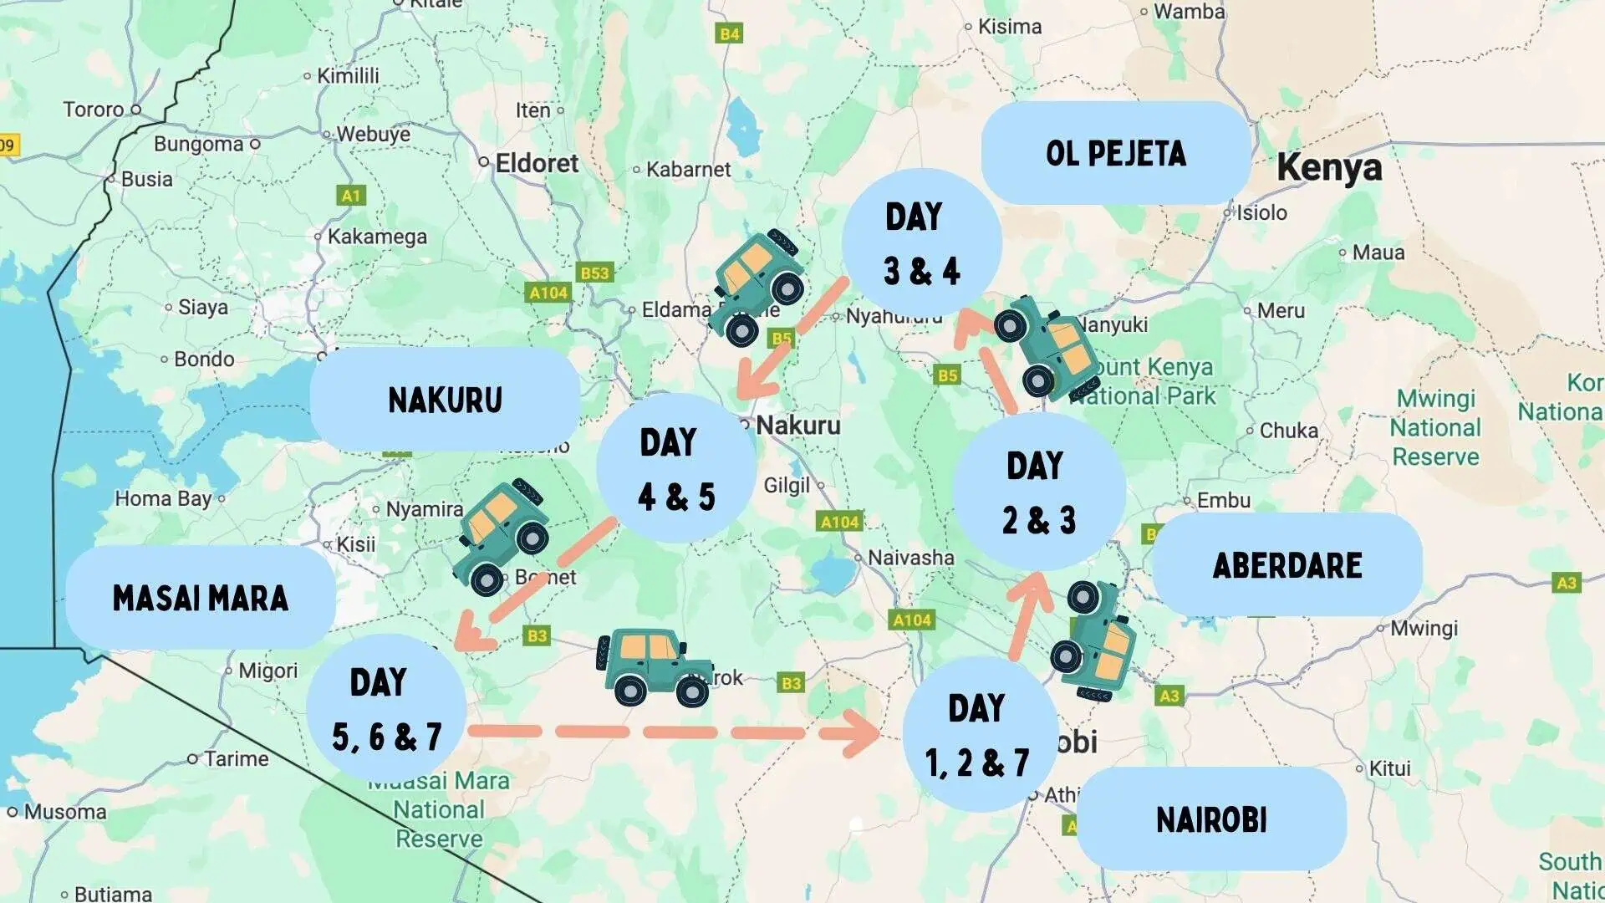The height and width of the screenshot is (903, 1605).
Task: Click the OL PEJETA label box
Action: [x=1115, y=153]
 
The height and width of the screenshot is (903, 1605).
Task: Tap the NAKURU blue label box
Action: [x=445, y=400]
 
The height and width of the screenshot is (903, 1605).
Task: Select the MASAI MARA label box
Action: [x=201, y=598]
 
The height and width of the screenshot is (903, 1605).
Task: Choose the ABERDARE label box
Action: [x=1287, y=565]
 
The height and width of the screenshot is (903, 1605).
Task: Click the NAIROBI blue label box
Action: [x=1211, y=819]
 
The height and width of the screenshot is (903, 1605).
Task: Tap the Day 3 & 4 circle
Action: [x=921, y=243]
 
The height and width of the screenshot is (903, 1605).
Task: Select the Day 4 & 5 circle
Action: [x=676, y=469]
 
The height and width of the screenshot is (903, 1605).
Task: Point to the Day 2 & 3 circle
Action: [x=1038, y=492]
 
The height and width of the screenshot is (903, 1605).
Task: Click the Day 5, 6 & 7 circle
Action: [x=386, y=710]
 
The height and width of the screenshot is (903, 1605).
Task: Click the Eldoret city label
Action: [x=536, y=163]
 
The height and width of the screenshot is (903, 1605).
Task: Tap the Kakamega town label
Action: [x=376, y=237]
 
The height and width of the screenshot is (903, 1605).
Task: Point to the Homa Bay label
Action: [x=163, y=499]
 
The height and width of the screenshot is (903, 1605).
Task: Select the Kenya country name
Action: [x=1329, y=167]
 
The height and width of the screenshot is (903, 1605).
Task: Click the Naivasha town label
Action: [x=910, y=558]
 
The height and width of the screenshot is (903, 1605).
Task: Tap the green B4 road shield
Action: [x=730, y=33]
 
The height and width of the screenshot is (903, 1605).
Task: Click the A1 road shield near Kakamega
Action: [x=351, y=196]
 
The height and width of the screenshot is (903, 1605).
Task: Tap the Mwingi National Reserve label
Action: [x=1434, y=427]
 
